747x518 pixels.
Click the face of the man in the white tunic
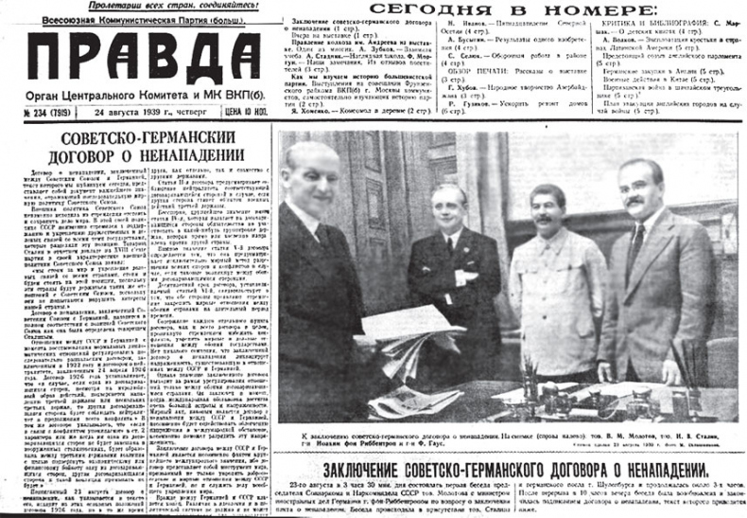pyautogui.click(x=546, y=208)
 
